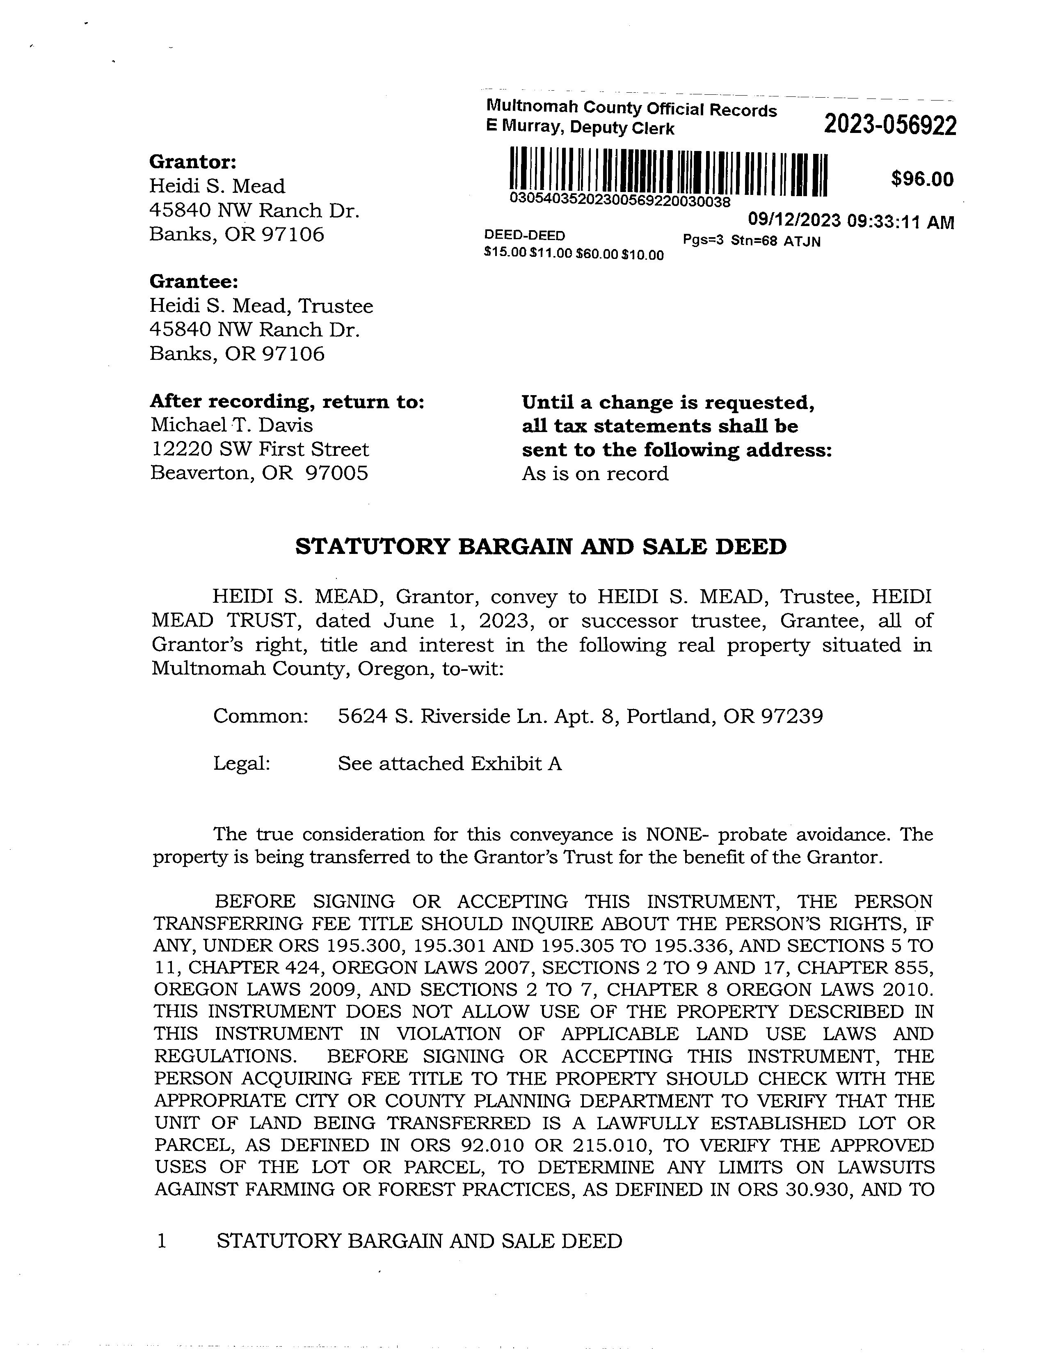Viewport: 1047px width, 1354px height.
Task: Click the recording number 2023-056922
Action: click(889, 126)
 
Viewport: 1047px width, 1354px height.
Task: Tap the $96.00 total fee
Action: click(922, 179)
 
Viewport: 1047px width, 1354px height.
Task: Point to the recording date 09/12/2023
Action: click(795, 221)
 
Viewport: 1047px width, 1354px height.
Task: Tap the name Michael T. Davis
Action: click(232, 425)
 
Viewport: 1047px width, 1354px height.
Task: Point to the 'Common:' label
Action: click(261, 717)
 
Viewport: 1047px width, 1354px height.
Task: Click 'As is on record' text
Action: click(595, 473)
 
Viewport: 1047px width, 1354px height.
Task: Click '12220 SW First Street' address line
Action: click(260, 449)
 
